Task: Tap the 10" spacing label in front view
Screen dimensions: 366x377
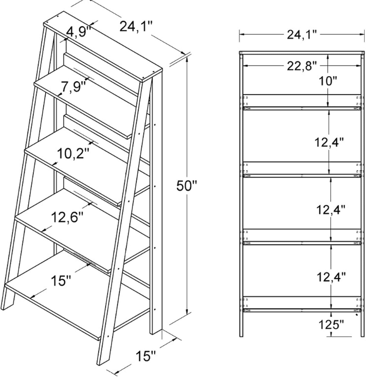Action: point(328,81)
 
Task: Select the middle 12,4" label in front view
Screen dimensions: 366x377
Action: point(331,210)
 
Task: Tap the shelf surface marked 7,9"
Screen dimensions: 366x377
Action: point(85,101)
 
